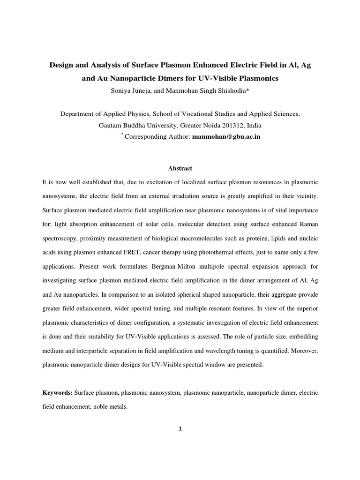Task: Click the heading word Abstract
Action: point(180,168)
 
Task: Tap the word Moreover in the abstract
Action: point(301,351)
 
